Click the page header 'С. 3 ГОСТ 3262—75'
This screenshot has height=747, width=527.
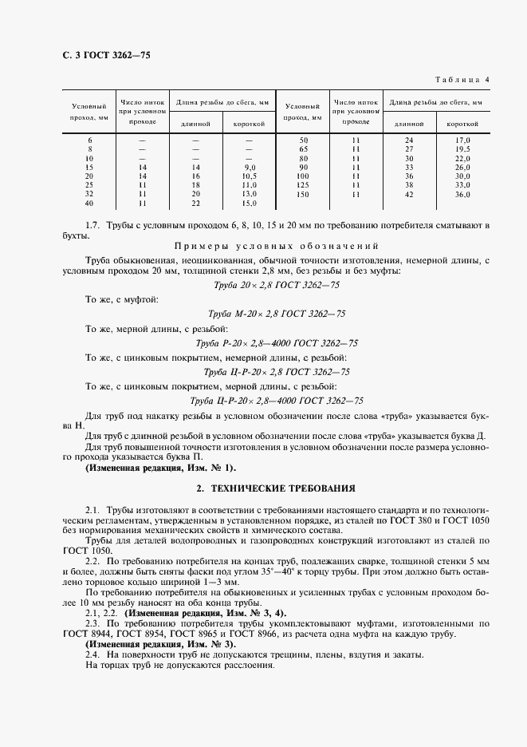click(100, 55)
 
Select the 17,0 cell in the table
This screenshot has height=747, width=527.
click(462, 140)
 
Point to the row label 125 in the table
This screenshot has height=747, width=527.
click(302, 185)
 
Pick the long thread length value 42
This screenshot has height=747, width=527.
click(409, 194)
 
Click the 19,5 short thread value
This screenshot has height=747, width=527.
click(462, 149)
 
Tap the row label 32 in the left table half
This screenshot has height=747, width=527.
click(89, 194)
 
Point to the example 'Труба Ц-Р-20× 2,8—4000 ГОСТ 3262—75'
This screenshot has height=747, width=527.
click(277, 401)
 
